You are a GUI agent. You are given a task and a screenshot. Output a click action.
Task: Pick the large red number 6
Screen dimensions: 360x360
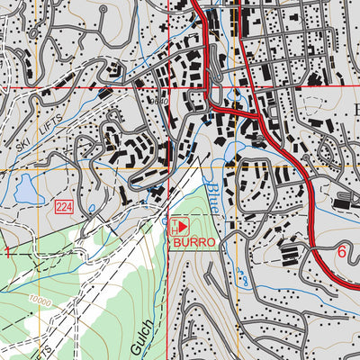[341, 253]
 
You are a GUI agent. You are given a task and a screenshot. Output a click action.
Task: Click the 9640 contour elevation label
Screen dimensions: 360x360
[162, 102]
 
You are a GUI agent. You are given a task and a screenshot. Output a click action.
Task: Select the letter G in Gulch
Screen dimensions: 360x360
[145, 347]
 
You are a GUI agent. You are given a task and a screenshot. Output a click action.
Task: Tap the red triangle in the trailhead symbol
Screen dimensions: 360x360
[184, 226]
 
